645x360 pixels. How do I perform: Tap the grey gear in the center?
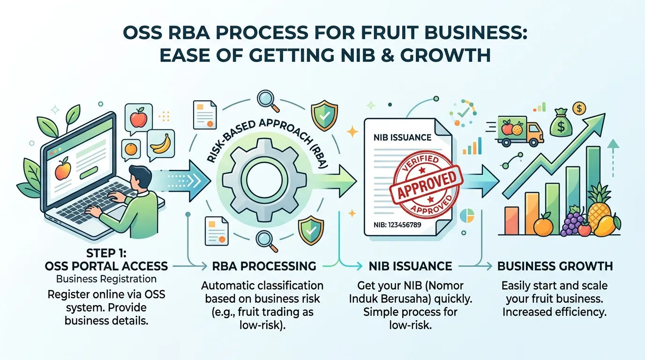(x=264, y=180)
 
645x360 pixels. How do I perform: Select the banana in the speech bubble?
(x=161, y=143)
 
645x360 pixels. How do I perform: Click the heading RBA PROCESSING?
(x=264, y=266)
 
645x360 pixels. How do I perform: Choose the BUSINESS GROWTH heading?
(x=555, y=266)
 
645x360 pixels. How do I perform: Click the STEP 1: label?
(x=106, y=253)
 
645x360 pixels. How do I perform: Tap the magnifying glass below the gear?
(x=267, y=241)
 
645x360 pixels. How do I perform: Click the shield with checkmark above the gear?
(x=324, y=115)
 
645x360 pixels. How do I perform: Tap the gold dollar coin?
(x=579, y=108)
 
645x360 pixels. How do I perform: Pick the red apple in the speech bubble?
(x=138, y=118)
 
